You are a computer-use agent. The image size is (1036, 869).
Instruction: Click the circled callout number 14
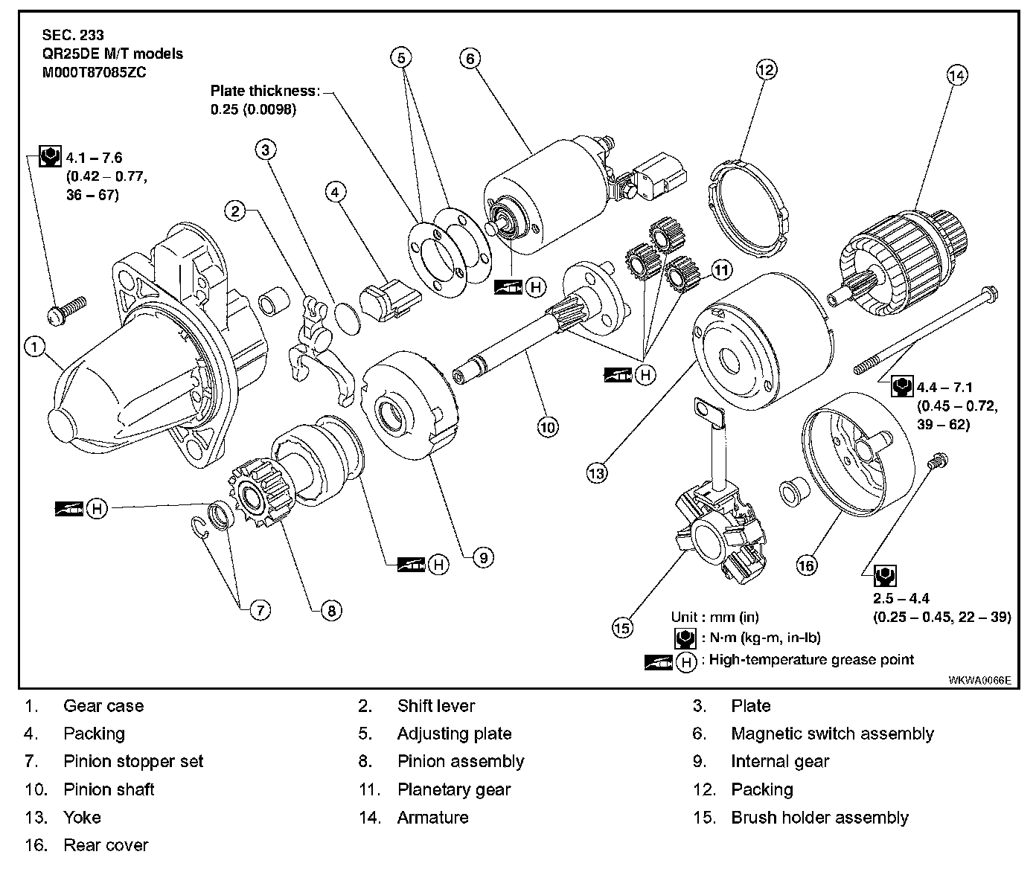pyautogui.click(x=956, y=74)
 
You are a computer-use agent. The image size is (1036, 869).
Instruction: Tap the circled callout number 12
pyautogui.click(x=766, y=70)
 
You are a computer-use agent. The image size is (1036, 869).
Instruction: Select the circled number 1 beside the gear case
pyautogui.click(x=35, y=346)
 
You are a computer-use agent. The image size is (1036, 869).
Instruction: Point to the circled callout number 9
pyautogui.click(x=482, y=557)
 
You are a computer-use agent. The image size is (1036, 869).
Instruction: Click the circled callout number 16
pyautogui.click(x=806, y=565)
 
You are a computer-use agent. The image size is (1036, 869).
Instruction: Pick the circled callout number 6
pyautogui.click(x=470, y=58)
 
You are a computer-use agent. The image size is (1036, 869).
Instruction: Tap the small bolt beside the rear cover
pyautogui.click(x=936, y=462)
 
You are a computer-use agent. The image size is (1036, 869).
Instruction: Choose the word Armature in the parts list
pyautogui.click(x=432, y=817)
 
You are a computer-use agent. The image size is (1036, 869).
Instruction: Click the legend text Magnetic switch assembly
pyautogui.click(x=832, y=734)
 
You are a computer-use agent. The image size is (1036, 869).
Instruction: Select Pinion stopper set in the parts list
pyautogui.click(x=133, y=761)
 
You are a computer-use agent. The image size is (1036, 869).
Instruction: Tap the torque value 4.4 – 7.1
pyautogui.click(x=944, y=388)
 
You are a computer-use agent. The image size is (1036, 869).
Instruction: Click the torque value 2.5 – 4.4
pyautogui.click(x=901, y=599)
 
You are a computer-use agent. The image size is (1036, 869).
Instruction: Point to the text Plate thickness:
pyautogui.click(x=265, y=92)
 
